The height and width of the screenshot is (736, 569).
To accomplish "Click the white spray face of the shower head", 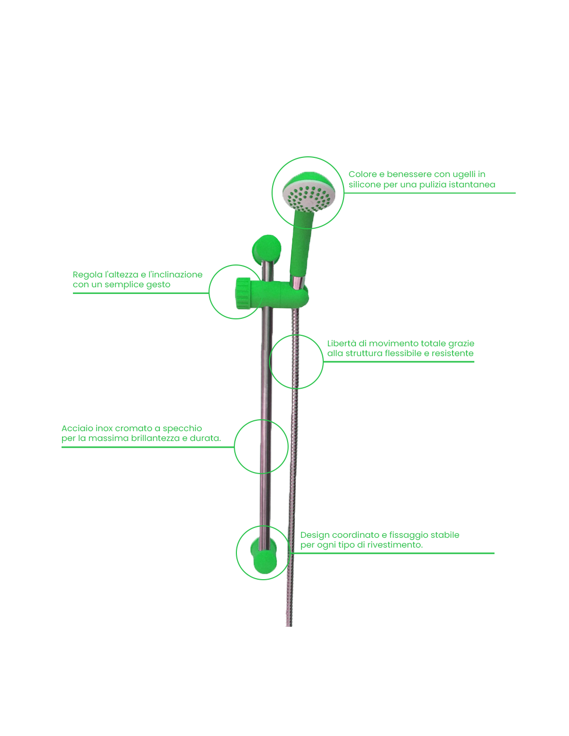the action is [x=306, y=198].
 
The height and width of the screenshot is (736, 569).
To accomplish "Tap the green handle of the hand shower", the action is [x=301, y=243].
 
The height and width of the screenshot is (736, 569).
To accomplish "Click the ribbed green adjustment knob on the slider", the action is [x=243, y=293].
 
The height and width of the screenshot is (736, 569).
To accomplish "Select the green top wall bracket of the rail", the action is [x=266, y=249].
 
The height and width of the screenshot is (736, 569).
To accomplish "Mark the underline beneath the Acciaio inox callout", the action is [x=148, y=447].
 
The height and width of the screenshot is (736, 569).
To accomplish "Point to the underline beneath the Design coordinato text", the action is [x=393, y=553].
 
